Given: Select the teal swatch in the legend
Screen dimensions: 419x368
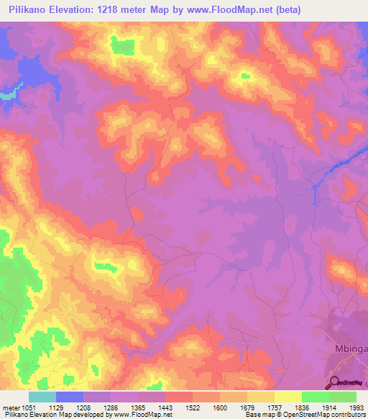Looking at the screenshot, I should pyautogui.click(x=42, y=397).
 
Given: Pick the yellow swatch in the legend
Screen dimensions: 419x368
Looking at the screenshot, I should pyautogui.click(x=287, y=397).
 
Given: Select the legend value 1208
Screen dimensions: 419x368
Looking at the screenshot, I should pyautogui.click(x=94, y=407).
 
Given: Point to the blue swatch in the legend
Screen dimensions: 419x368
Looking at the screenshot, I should pyautogui.click(x=69, y=397).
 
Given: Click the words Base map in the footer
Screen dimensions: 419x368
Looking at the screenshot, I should pyautogui.click(x=257, y=415).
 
